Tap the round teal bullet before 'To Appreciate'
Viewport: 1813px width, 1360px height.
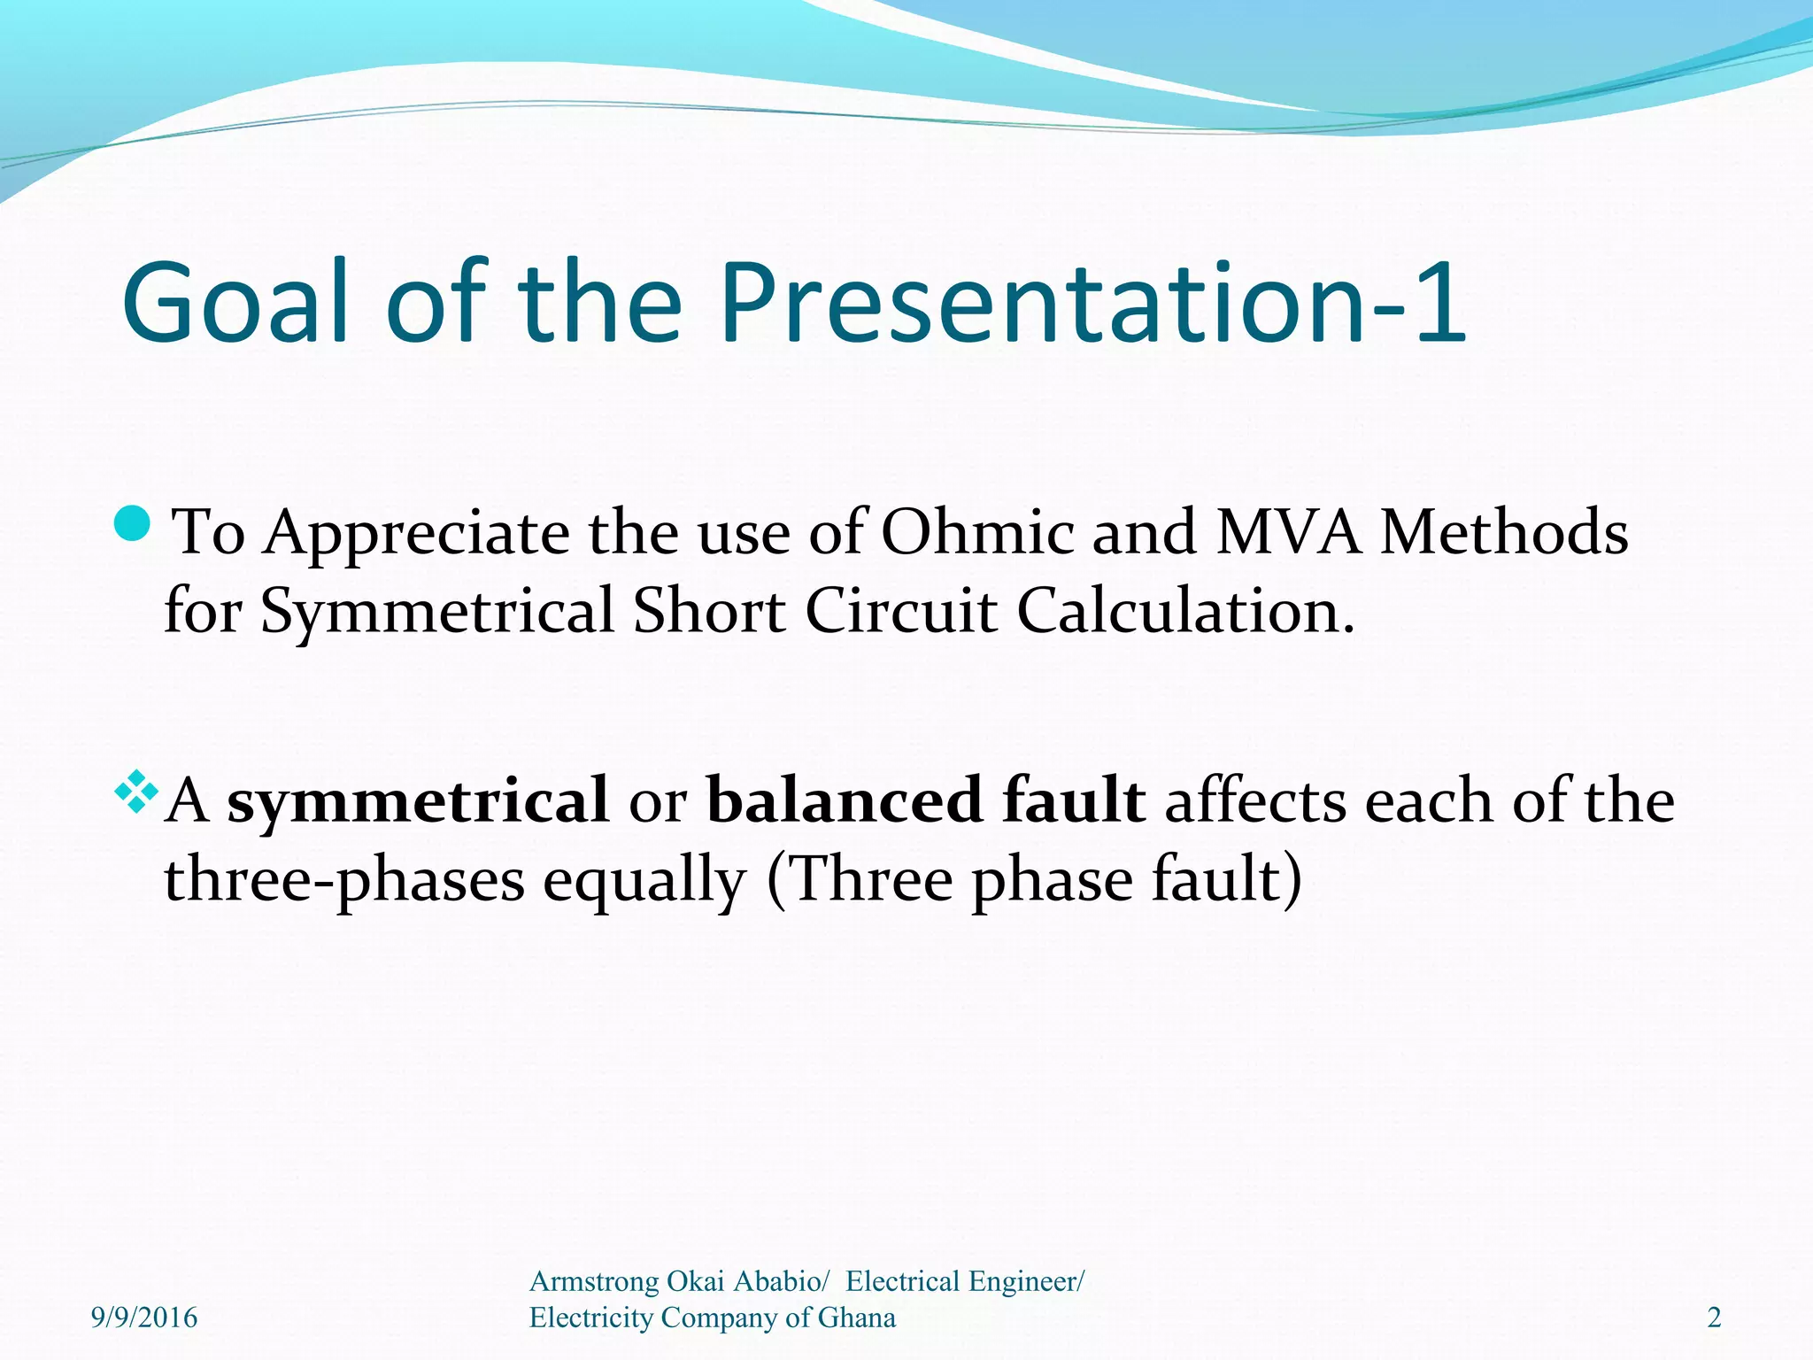(135, 524)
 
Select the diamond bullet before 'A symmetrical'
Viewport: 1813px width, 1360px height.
(136, 792)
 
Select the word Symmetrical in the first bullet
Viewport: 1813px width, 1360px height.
(437, 613)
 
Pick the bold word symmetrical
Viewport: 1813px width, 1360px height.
(418, 800)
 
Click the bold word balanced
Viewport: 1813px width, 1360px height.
(845, 800)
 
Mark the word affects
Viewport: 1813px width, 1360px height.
(1254, 800)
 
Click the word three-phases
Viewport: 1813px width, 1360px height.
(345, 882)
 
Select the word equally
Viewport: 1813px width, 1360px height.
(644, 882)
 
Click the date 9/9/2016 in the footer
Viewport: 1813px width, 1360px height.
(144, 1317)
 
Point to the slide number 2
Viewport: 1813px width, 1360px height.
(1714, 1317)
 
